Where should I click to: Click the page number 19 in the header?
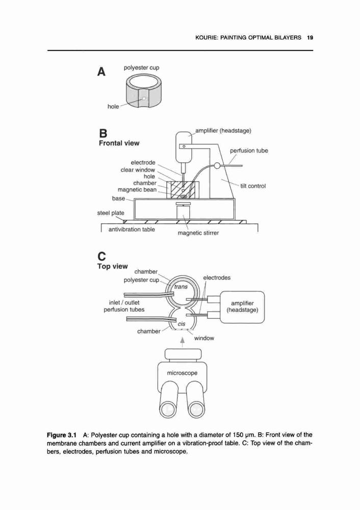coord(310,38)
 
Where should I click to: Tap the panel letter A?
coord(101,71)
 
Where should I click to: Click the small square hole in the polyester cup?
coord(144,98)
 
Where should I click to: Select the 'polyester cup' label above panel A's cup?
coord(141,68)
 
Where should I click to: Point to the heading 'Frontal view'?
coord(119,143)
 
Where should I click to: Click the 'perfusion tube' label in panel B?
coord(249,150)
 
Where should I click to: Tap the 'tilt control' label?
coord(253,186)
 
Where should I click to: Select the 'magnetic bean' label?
coord(137,190)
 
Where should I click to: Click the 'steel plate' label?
coord(111,213)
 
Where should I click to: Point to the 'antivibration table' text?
coord(132,229)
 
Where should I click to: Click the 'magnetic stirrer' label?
coord(198,233)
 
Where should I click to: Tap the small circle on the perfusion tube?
coord(217,166)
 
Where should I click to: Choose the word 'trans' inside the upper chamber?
coord(181,287)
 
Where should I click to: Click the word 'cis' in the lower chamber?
coord(182,324)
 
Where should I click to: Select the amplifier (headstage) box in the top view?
coord(242,307)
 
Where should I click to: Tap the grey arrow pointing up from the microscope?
coord(183,343)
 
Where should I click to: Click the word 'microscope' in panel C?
coord(182,373)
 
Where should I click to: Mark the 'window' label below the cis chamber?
coord(204,338)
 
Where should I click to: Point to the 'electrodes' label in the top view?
coord(217,278)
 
